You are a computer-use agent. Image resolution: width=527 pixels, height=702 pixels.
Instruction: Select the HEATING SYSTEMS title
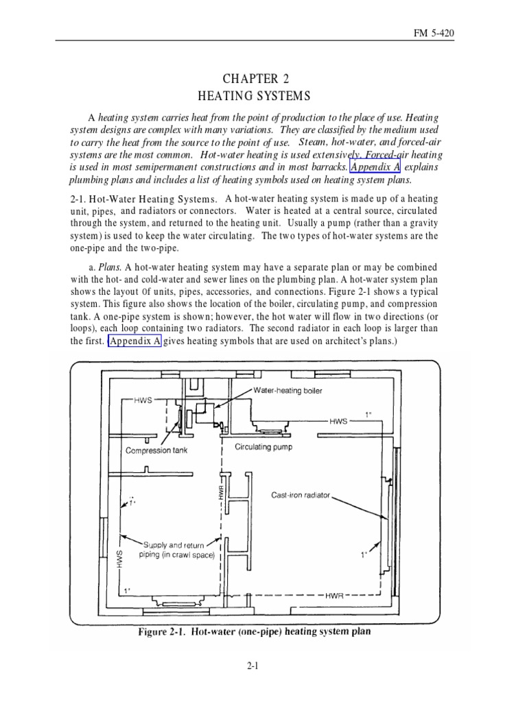[263, 95]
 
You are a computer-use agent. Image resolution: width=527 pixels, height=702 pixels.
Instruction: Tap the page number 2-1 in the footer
[263, 665]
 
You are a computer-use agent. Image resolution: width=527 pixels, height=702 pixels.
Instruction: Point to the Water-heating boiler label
[288, 391]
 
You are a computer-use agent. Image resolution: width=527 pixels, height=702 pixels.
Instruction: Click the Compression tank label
[156, 451]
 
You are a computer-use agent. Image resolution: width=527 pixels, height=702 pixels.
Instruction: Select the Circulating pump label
[263, 448]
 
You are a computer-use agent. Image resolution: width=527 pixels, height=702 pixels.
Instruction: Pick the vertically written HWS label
[119, 559]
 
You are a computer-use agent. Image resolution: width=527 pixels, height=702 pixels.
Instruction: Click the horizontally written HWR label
[335, 596]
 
